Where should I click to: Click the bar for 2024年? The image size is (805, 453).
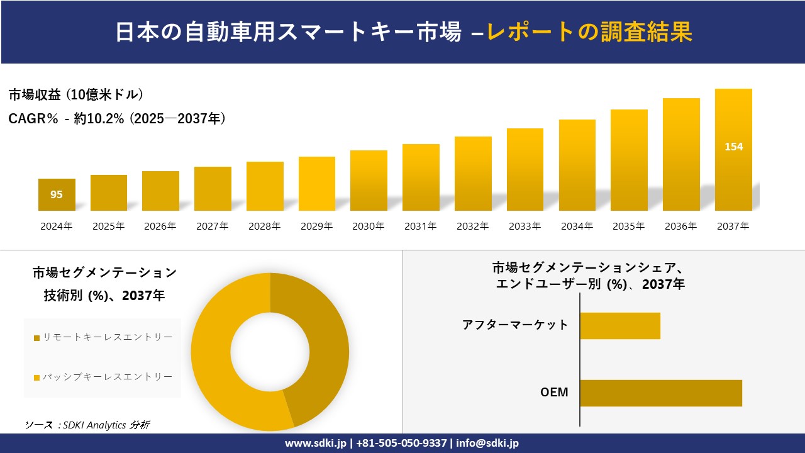[x=57, y=195]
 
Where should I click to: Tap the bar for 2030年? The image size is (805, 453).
[x=369, y=181]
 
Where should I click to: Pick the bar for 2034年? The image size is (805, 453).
[x=577, y=165]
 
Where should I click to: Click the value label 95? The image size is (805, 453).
[x=57, y=195]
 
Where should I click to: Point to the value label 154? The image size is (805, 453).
[x=733, y=147]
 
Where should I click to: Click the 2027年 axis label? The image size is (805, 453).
[x=213, y=226]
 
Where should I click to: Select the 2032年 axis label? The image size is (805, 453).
[x=473, y=226]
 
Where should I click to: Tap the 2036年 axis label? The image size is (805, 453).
[x=681, y=226]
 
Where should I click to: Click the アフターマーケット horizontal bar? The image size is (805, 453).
[x=619, y=326]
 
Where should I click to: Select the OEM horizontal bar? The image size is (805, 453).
[x=660, y=393]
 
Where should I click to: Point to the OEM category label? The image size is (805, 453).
[x=554, y=393]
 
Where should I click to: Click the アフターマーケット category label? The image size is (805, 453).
[x=515, y=325]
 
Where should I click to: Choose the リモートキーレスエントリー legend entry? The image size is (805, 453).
[x=103, y=337]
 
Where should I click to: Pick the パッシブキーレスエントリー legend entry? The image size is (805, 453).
[x=103, y=377]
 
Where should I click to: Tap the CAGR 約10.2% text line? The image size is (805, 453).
[x=117, y=118]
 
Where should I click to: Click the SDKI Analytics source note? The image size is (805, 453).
[x=87, y=425]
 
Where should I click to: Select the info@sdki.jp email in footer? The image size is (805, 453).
[x=487, y=443]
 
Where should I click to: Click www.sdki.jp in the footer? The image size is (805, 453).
[x=316, y=443]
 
